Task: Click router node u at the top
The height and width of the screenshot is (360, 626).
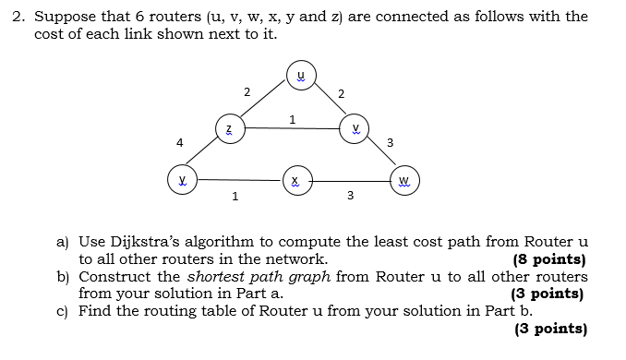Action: [299, 77]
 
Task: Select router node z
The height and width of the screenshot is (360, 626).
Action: [230, 128]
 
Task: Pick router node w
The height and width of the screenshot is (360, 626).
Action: [404, 180]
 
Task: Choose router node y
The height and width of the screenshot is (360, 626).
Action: [182, 179]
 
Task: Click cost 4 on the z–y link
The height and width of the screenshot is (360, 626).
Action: [180, 142]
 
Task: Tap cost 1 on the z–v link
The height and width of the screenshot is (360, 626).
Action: [292, 118]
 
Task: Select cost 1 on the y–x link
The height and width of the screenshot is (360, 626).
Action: [235, 196]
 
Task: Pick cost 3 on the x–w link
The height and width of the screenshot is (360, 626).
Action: [350, 196]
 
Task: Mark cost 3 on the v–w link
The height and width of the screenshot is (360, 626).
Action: [391, 142]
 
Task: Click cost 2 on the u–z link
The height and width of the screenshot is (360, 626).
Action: [247, 91]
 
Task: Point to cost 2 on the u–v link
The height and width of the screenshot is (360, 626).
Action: [342, 93]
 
